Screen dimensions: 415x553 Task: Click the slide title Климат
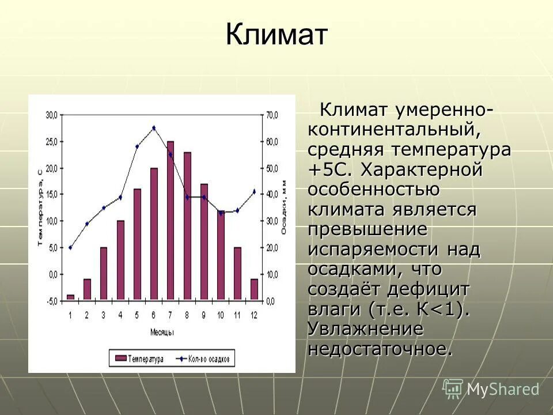coord(276,36)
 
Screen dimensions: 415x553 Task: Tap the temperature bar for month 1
coord(70,297)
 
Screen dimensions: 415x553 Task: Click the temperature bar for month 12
coord(254,289)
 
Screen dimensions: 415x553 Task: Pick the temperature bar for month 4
coord(120,259)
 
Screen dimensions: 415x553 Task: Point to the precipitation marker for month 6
coord(154,128)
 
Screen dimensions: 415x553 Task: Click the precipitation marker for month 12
coord(254,191)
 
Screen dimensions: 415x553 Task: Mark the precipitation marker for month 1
coord(70,247)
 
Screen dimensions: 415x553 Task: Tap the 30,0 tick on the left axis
coord(51,115)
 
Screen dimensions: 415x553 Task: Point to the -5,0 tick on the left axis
coord(51,301)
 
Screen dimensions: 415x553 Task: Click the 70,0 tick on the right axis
coord(272,115)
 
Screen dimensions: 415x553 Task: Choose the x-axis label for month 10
coord(221,315)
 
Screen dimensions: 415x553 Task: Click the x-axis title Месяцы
coord(162,333)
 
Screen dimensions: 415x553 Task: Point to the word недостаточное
coord(380,349)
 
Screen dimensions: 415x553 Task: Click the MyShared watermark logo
coord(491,389)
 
